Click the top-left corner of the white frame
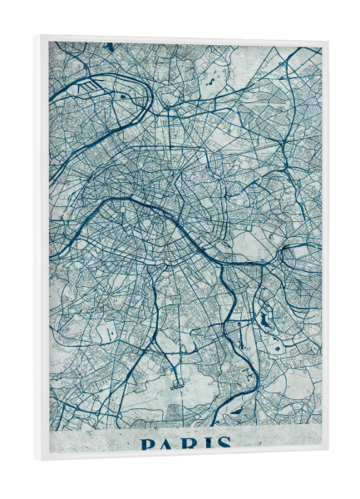(x=36, y=35)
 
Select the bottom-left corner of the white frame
(x=36, y=460)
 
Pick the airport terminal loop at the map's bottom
(x=175, y=384)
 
